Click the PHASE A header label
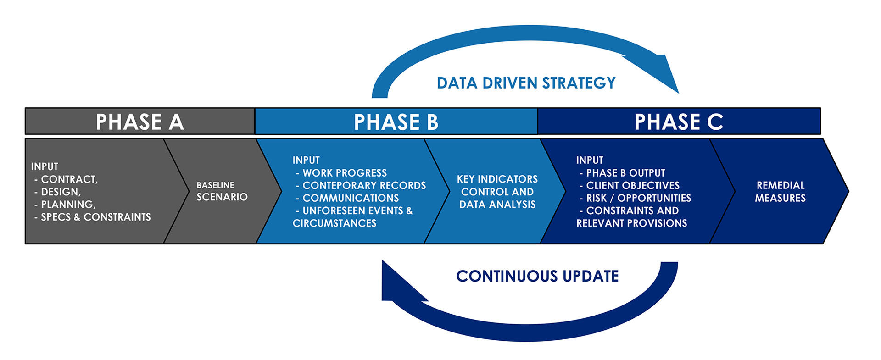tap(139, 122)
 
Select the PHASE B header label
tap(396, 122)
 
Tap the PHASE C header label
tap(679, 122)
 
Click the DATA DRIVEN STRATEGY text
tap(526, 83)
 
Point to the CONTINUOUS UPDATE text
tap(537, 276)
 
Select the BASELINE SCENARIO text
tap(222, 191)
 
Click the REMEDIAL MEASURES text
tap(780, 192)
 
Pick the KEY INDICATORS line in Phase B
tap(497, 179)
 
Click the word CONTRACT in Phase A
tap(69, 179)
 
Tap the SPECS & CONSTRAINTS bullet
tap(95, 217)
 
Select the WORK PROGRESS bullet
tap(345, 173)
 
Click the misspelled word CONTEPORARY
tap(338, 185)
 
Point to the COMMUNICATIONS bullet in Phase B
tap(351, 198)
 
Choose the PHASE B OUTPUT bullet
tap(625, 173)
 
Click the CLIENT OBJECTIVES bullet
tap(633, 185)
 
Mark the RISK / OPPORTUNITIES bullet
tap(638, 198)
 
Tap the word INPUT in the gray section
tap(45, 166)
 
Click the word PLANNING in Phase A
tap(68, 205)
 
